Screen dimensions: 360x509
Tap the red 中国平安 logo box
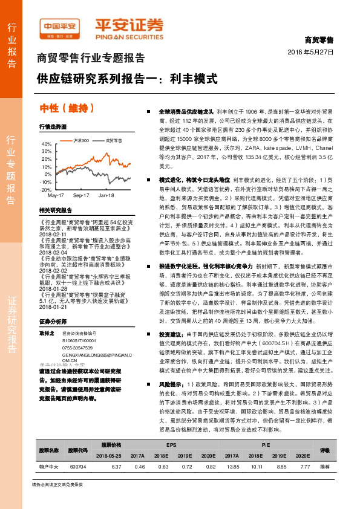tap(60, 27)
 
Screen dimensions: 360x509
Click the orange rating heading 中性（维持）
tap(67, 108)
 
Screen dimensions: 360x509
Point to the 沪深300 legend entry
tap(80, 140)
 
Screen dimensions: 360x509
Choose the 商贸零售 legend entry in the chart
tap(113, 140)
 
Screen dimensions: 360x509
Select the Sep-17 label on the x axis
tap(81, 196)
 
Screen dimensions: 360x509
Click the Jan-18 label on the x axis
tap(106, 196)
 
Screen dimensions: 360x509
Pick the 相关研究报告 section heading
tap(55, 210)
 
